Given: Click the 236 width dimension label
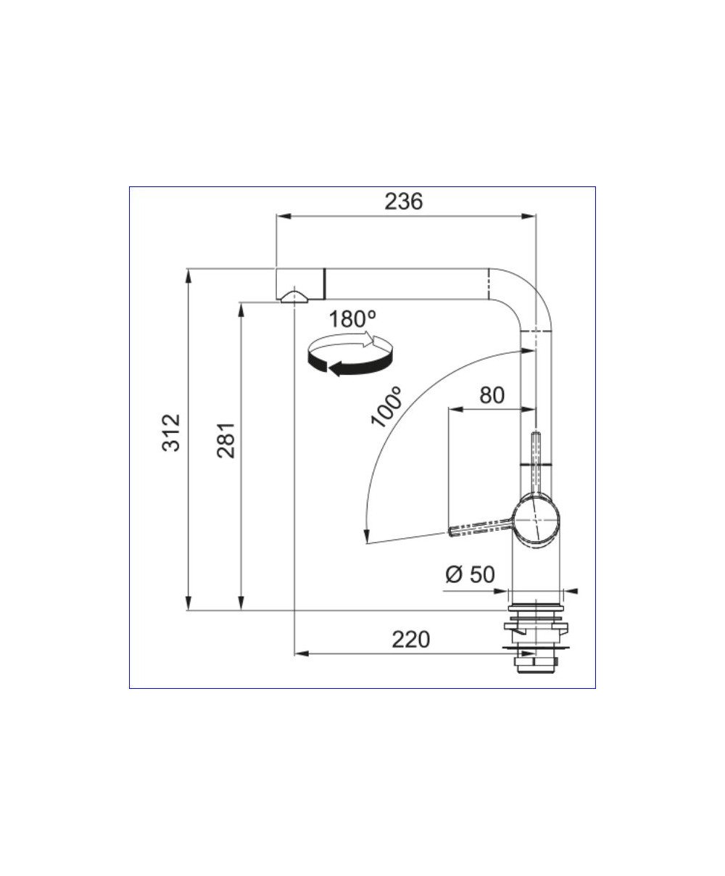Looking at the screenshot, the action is click(404, 202).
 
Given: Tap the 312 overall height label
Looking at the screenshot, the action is click(171, 432).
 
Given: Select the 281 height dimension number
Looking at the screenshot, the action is click(225, 440).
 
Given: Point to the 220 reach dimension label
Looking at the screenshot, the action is click(411, 640).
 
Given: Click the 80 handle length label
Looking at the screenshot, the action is click(492, 395).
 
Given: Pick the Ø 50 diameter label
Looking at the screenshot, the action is click(470, 574).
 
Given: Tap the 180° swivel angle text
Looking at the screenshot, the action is click(352, 319).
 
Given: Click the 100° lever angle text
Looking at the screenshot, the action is click(386, 407).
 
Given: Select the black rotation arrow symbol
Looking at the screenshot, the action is click(350, 354).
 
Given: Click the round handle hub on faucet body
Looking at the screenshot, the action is click(536, 520).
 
